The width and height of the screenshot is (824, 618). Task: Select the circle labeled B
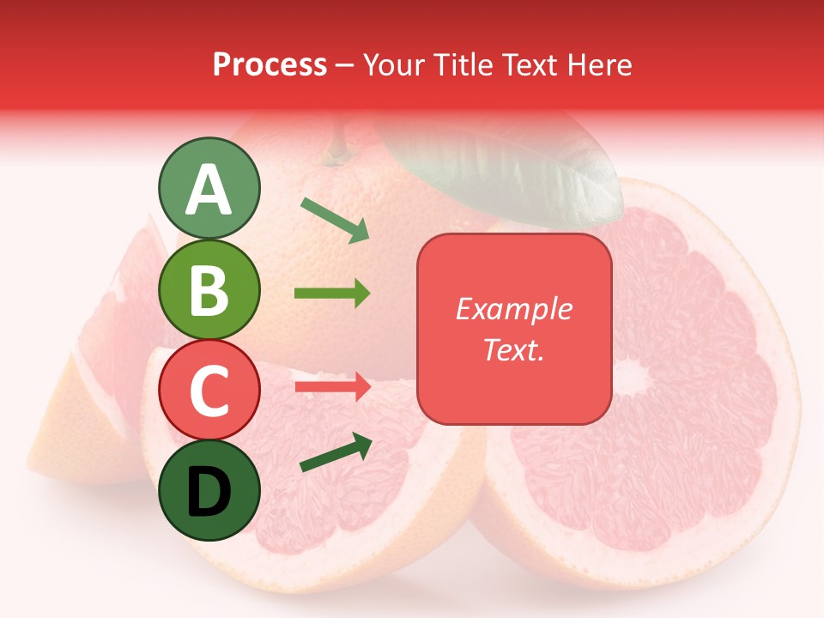tap(209, 289)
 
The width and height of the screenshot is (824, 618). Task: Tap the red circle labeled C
tap(209, 391)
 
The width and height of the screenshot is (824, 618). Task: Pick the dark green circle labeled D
tap(209, 491)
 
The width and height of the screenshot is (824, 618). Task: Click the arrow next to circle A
tap(336, 220)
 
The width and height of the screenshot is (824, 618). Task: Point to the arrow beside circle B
tap(332, 294)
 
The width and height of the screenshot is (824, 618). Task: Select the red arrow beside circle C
tap(332, 386)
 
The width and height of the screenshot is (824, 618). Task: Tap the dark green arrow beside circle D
tap(336, 452)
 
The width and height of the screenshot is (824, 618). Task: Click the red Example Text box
tap(514, 329)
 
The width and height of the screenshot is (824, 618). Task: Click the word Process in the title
tap(270, 64)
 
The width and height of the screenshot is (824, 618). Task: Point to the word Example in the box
tap(514, 309)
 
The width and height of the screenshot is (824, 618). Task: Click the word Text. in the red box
tap(514, 349)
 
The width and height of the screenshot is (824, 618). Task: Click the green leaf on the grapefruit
tap(506, 167)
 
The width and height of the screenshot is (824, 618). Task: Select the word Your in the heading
tap(393, 64)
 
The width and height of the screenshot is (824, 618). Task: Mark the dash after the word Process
tap(345, 65)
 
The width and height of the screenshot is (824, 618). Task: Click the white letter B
tap(209, 289)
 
